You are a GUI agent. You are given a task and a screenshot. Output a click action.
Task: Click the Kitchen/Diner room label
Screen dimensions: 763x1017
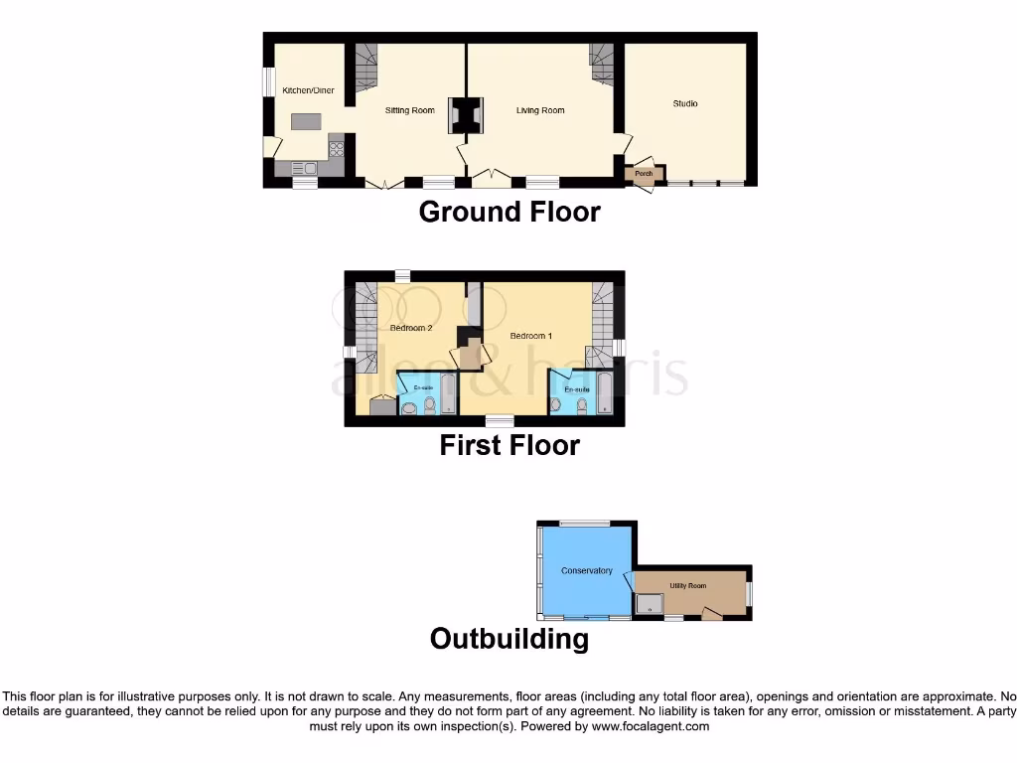point(308,90)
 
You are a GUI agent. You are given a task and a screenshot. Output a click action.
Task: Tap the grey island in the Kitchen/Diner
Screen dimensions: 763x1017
point(306,121)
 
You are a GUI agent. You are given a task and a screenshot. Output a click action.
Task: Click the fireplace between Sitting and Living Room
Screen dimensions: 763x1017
point(466,114)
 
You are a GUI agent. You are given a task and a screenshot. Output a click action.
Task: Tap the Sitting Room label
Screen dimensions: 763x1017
point(410,110)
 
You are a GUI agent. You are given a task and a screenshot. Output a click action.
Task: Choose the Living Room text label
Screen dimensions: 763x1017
point(540,110)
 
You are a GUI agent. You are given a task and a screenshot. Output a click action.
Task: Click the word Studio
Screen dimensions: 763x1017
point(685,103)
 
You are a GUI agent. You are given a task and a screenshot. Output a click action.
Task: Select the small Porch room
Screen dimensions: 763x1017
point(644,174)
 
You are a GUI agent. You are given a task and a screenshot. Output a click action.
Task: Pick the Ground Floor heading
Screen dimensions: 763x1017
point(509,212)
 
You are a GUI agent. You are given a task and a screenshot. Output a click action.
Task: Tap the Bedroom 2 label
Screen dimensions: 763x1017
point(410,328)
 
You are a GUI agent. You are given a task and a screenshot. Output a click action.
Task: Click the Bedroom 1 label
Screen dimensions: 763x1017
point(530,336)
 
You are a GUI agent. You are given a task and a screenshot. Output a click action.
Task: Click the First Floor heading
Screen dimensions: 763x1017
point(509,445)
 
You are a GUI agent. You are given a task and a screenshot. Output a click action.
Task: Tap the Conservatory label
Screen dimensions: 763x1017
point(586,571)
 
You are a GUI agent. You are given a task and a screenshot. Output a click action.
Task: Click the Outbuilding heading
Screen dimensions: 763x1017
point(509,638)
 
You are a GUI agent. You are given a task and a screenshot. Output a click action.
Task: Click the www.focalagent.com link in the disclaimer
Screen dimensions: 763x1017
point(652,726)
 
